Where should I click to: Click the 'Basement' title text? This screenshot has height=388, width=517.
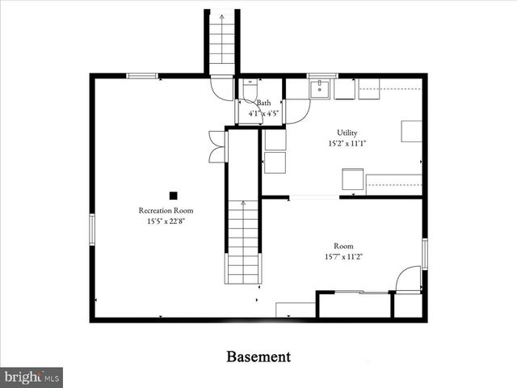(258, 356)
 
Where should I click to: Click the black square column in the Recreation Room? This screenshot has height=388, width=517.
(173, 195)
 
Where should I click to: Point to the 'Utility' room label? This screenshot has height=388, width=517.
(347, 133)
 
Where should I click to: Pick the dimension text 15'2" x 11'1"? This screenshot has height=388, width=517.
(347, 144)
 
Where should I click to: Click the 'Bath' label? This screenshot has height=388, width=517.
(263, 103)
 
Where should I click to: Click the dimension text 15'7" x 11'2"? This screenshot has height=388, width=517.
(343, 256)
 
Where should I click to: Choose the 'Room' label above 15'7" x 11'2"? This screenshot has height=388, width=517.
(343, 246)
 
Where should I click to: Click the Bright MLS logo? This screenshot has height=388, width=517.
(32, 377)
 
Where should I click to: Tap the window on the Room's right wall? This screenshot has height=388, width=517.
(424, 253)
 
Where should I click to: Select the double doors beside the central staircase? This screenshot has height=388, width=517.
(216, 145)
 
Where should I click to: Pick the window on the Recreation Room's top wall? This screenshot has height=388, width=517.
(142, 76)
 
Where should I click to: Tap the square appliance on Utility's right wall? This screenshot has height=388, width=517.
(411, 131)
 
